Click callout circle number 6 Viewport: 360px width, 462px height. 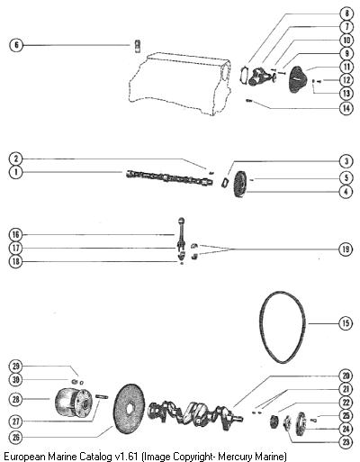pyautogui.click(x=16, y=45)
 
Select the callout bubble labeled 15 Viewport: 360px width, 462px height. pyautogui.click(x=346, y=323)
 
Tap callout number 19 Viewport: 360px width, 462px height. pyautogui.click(x=346, y=249)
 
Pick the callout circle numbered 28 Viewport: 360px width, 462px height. pyautogui.click(x=16, y=399)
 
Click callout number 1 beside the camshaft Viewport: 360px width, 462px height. pyautogui.click(x=16, y=172)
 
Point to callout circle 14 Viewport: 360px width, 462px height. pyautogui.click(x=346, y=108)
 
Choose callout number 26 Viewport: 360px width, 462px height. pyautogui.click(x=16, y=437)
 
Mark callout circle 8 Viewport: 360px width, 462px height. pyautogui.click(x=346, y=14)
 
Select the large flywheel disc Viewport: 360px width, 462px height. pyautogui.click(x=130, y=409)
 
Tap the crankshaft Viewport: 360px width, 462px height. pyautogui.click(x=195, y=413)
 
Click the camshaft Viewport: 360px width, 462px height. pyautogui.click(x=169, y=177)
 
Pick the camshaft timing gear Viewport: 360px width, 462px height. pyautogui.click(x=239, y=184)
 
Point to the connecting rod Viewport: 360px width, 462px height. pyautogui.click(x=182, y=237)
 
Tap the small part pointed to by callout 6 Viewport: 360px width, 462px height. pyautogui.click(x=138, y=46)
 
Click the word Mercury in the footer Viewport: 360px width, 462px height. pyautogui.click(x=230, y=457)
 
